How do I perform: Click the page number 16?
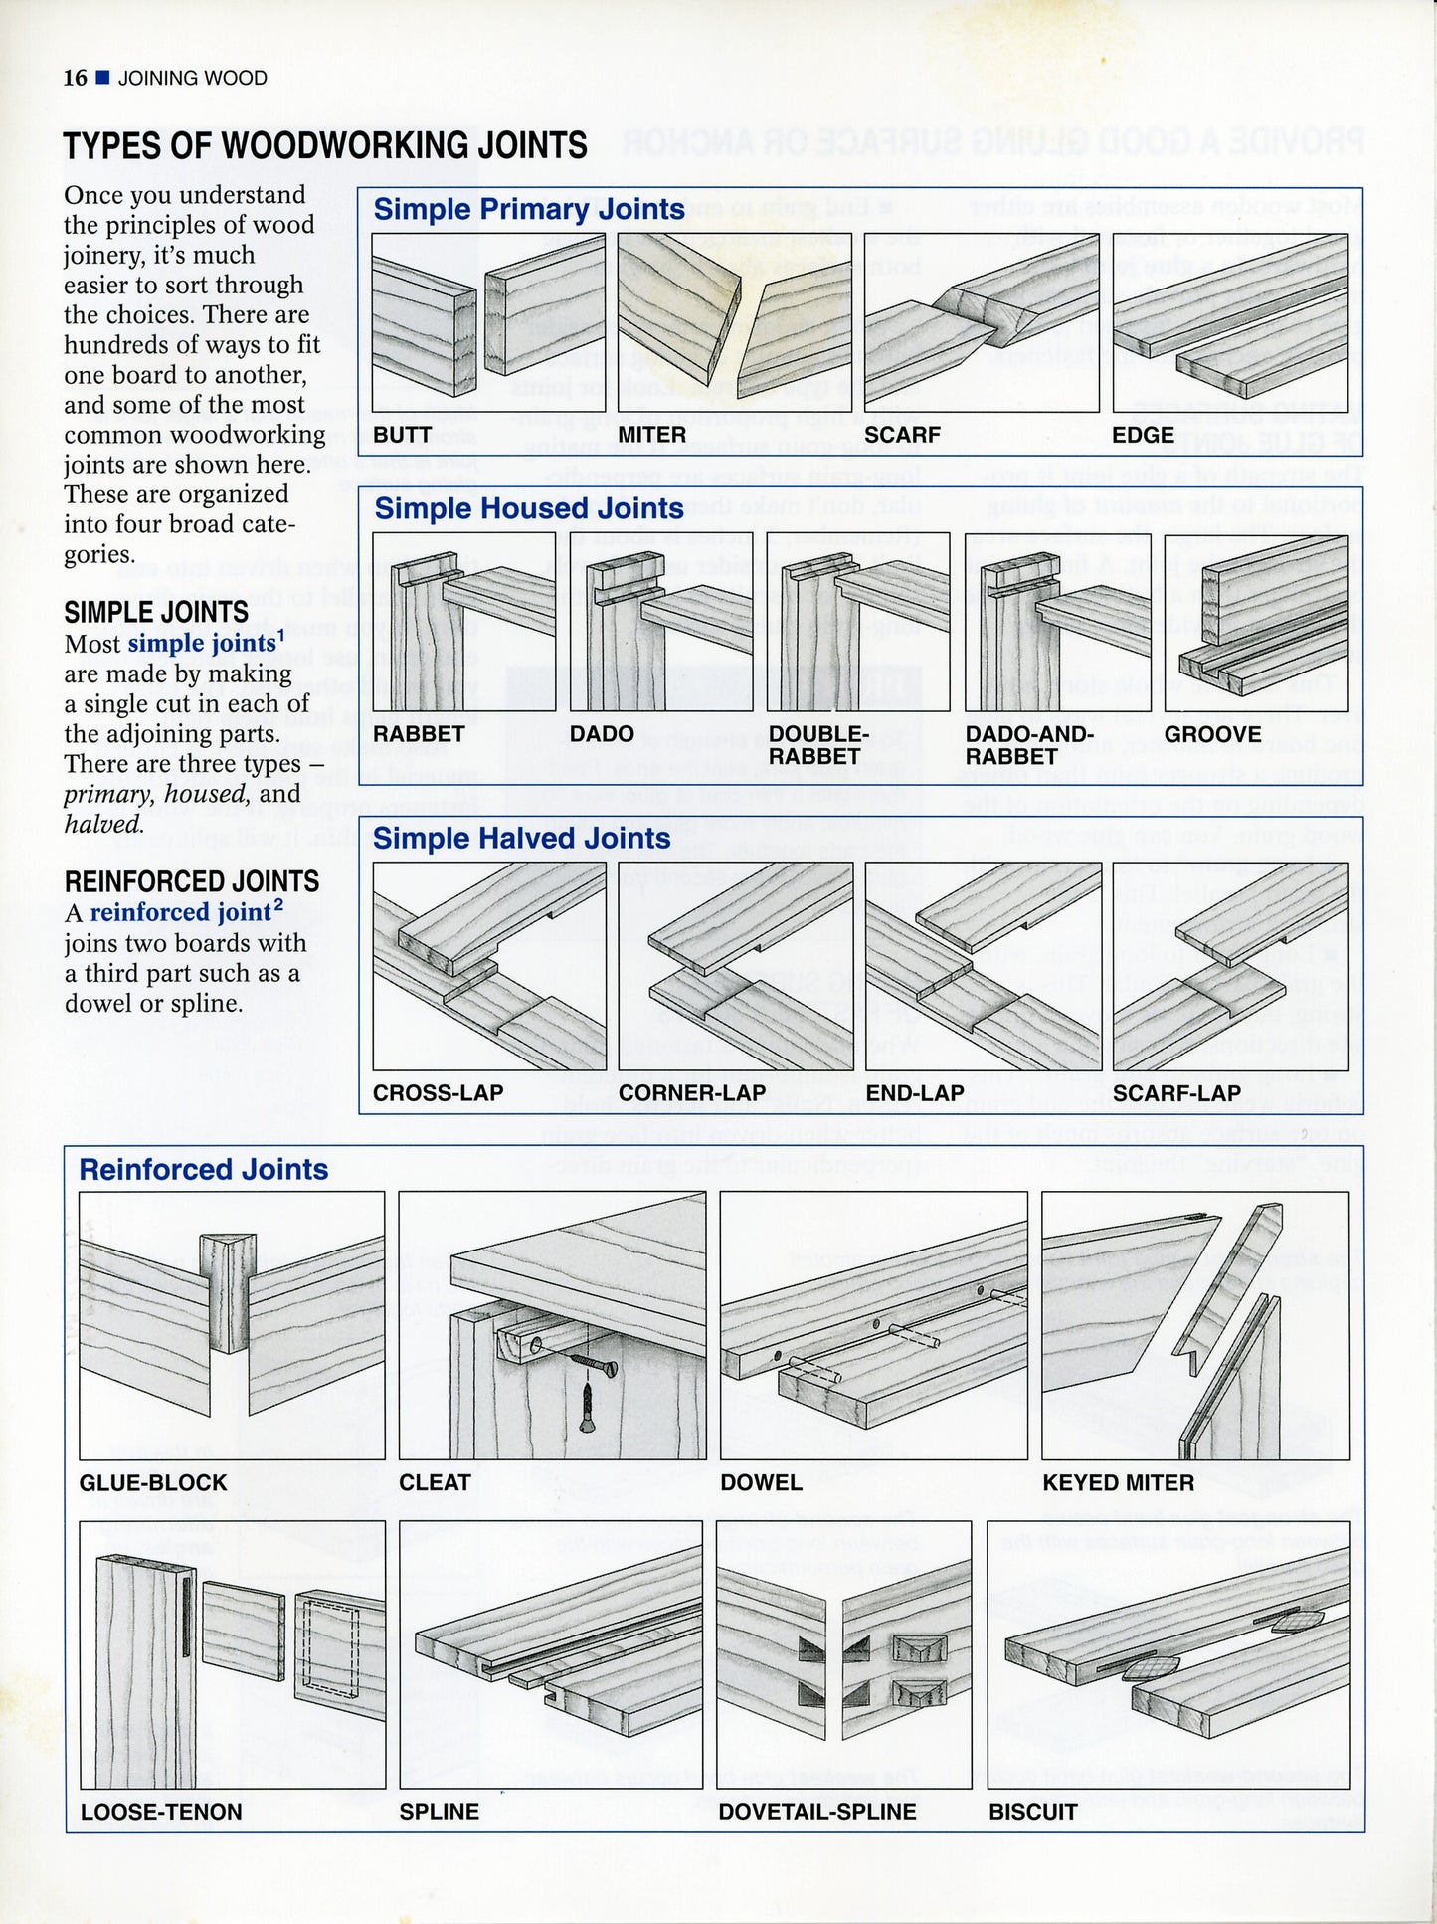pos(75,78)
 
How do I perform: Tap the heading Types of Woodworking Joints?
pos(325,146)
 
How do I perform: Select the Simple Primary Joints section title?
pos(528,209)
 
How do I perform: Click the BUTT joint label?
pos(402,435)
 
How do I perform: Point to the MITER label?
pos(651,435)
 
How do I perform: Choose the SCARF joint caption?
pos(901,435)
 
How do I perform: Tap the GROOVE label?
pos(1212,734)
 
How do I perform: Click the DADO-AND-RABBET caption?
pos(1028,745)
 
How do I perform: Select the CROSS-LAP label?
pos(438,1093)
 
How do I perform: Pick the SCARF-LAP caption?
pos(1176,1093)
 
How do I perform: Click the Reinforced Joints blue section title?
pos(203,1169)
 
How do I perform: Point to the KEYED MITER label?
pos(1118,1482)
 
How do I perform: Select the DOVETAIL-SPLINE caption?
pos(816,1812)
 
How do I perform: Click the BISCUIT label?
pos(1032,1812)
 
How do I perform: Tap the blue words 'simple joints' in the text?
pos(201,643)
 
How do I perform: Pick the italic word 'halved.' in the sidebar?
pos(103,824)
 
